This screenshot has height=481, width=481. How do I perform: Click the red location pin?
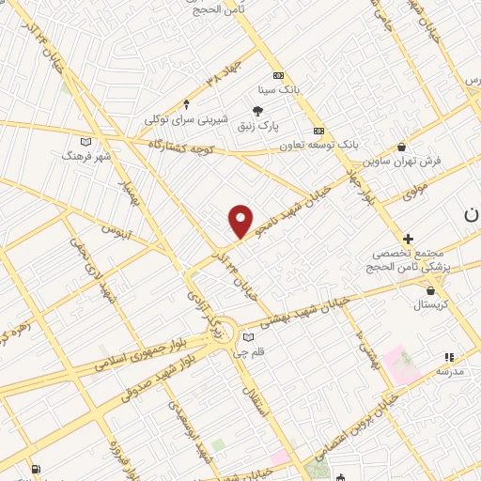[241, 220]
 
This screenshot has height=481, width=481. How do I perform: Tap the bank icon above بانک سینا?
[277, 75]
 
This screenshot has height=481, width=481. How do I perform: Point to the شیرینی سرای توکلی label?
[186, 119]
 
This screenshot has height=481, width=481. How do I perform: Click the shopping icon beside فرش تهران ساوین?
[402, 147]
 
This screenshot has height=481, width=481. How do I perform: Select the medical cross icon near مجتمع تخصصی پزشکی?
[408, 240]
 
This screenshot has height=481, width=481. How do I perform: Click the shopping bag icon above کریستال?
[430, 291]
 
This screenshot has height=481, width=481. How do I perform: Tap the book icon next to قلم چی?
[248, 338]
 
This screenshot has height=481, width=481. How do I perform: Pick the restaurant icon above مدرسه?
[448, 357]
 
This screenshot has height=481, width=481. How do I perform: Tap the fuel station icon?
[36, 469]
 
